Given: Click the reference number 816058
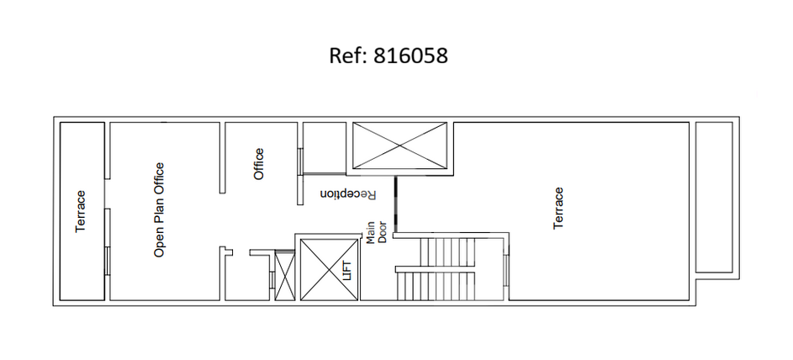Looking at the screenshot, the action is tap(410, 56).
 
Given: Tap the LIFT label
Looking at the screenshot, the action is tap(347, 269).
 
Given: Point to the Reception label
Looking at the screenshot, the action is tap(349, 194).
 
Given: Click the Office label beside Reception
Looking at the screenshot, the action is tap(258, 164).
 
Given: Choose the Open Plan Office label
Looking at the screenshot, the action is tap(159, 209).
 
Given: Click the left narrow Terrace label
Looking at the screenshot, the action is tap(81, 211).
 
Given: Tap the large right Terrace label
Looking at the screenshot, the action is tap(558, 209).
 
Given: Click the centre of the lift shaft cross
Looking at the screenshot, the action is tap(330, 269).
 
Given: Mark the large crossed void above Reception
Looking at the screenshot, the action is tap(399, 146).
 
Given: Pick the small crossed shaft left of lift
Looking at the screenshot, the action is tap(284, 276).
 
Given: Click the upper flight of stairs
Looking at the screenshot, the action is tap(447, 251).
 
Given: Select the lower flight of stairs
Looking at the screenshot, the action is tap(436, 286).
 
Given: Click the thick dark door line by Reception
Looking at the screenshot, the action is tap(396, 204).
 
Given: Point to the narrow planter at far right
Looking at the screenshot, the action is tap(714, 197).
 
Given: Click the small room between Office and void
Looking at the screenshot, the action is tap(324, 148).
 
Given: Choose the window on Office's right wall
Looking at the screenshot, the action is tap(300, 161).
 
